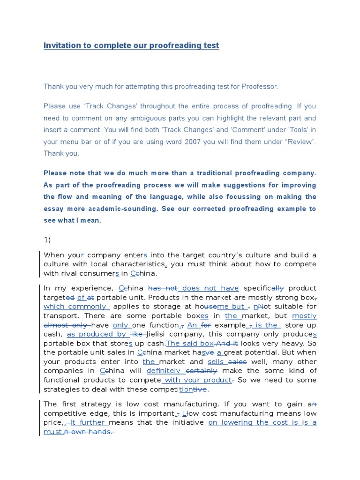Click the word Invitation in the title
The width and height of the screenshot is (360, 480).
[x=60, y=45]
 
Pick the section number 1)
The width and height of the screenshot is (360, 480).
[x=47, y=240]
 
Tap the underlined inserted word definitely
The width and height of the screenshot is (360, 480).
[x=163, y=371]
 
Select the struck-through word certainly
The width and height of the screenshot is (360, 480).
[x=202, y=371]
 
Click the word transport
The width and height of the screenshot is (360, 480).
[x=59, y=316]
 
